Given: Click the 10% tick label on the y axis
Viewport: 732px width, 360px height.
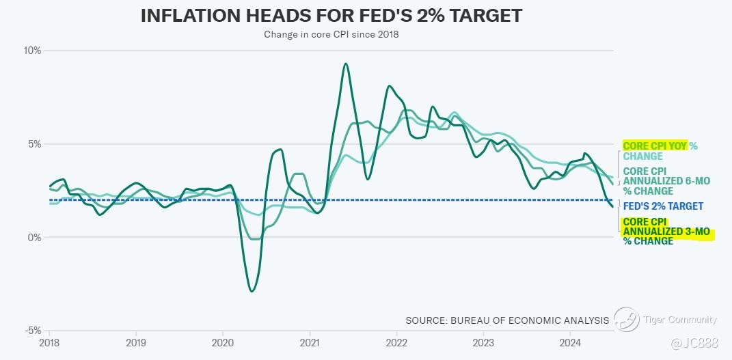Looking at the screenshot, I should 33,51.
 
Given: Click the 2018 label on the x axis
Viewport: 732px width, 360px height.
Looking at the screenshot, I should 49,342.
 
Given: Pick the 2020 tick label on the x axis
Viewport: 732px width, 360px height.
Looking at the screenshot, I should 223,342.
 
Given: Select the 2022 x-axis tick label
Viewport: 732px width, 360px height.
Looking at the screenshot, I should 397,342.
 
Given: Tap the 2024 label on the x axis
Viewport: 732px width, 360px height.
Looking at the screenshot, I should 571,342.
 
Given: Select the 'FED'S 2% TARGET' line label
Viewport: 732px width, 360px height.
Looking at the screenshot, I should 663,206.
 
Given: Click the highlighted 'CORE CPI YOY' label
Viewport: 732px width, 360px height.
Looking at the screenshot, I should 654,146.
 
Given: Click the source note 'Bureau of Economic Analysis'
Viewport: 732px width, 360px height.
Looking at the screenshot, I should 506,320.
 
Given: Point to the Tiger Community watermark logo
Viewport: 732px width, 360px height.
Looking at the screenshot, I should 626,319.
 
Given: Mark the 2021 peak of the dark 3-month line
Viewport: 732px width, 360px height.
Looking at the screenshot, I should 346,64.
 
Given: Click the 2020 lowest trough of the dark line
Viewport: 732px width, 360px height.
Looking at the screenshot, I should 252,291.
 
